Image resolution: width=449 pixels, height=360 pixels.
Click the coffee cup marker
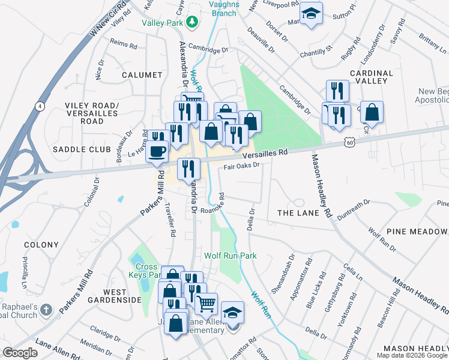point(157,151)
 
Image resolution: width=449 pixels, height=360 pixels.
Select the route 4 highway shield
point(39,106)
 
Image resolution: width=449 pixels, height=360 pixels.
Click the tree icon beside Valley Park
point(192,23)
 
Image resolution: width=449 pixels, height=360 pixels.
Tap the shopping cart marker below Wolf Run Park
point(206,304)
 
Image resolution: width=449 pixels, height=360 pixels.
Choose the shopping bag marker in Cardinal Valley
point(372,112)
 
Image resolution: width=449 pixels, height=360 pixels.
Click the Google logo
point(20,352)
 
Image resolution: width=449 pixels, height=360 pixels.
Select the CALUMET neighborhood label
point(142,75)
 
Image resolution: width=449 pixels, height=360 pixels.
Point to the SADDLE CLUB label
point(82,149)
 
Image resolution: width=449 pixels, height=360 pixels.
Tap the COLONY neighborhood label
point(41,245)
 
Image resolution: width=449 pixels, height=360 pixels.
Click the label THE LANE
point(294,213)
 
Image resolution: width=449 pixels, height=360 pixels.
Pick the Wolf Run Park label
point(231,256)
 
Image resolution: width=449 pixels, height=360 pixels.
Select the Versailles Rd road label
point(265,154)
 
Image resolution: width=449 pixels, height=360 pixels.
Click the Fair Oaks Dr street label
point(241,166)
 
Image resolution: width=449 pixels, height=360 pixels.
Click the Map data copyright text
point(411,355)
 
